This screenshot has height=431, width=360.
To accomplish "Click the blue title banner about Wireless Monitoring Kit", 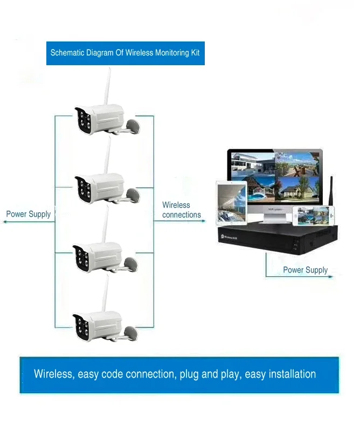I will [x=125, y=53].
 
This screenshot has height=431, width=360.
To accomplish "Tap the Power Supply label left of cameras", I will [x=29, y=214].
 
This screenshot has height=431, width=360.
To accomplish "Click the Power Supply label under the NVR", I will [x=305, y=270].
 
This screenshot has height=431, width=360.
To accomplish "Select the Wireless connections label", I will [x=182, y=210].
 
